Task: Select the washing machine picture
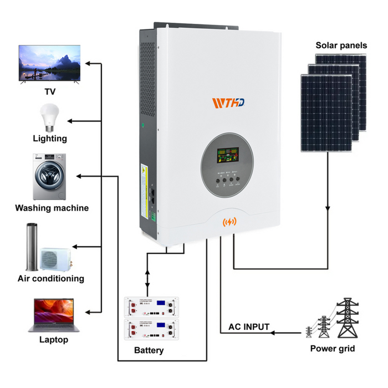(x=49, y=177)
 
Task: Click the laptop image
(x=53, y=314)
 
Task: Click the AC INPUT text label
(x=249, y=327)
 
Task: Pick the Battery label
(x=149, y=350)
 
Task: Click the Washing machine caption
(x=52, y=208)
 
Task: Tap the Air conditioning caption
(x=51, y=278)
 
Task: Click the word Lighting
(x=50, y=139)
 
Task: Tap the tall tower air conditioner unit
(x=32, y=246)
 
